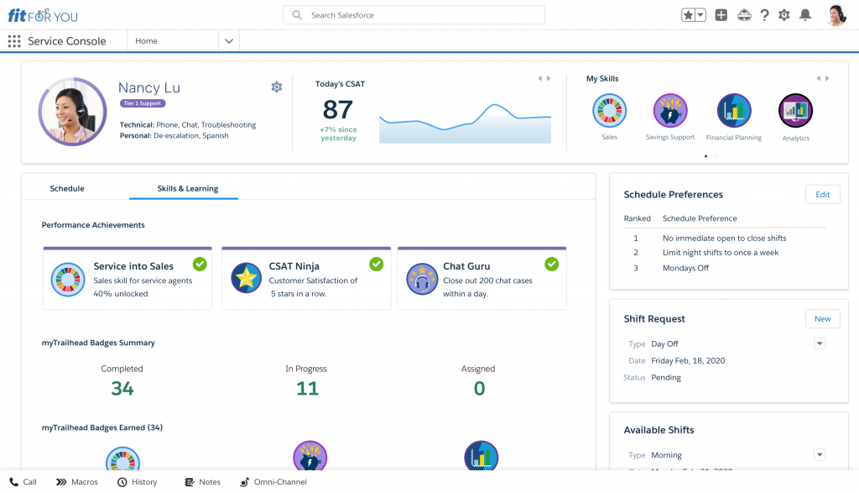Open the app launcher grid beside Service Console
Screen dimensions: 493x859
(x=14, y=41)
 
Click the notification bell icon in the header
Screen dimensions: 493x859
(x=805, y=15)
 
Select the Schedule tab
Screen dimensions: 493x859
(x=67, y=189)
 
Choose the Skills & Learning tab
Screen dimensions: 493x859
(x=187, y=189)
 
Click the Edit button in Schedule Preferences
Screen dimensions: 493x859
(x=822, y=195)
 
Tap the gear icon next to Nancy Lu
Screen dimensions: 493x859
(x=277, y=87)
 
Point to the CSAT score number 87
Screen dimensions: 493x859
(x=337, y=110)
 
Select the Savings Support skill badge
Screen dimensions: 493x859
(x=670, y=111)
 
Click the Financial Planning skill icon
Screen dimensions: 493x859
(x=734, y=111)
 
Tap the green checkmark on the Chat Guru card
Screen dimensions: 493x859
(x=551, y=265)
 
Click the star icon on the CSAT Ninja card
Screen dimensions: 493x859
(x=247, y=279)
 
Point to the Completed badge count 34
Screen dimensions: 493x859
(x=122, y=388)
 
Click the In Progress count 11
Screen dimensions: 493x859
(x=307, y=388)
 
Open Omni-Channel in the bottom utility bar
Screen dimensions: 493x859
(x=273, y=482)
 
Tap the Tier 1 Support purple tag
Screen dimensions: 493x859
(x=143, y=103)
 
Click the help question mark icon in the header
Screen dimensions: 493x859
(x=764, y=15)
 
